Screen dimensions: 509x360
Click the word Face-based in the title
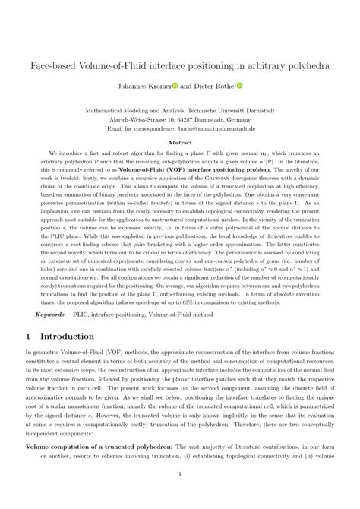pyautogui.click(x=52, y=66)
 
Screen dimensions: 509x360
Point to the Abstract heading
pyautogui.click(x=180, y=142)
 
